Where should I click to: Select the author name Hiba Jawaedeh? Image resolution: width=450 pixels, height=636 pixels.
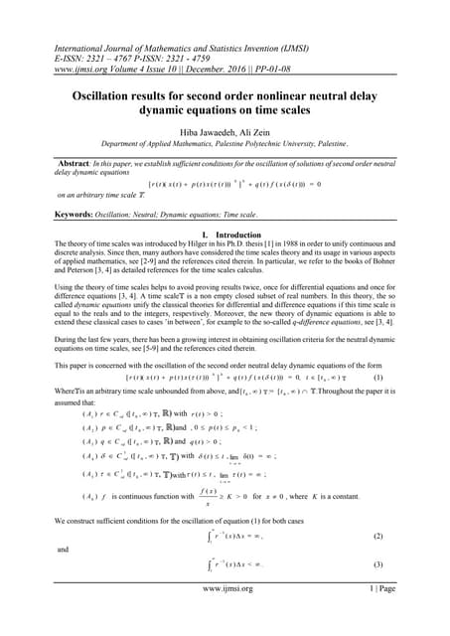(195, 129)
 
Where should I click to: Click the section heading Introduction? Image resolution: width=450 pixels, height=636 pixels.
(240, 233)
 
